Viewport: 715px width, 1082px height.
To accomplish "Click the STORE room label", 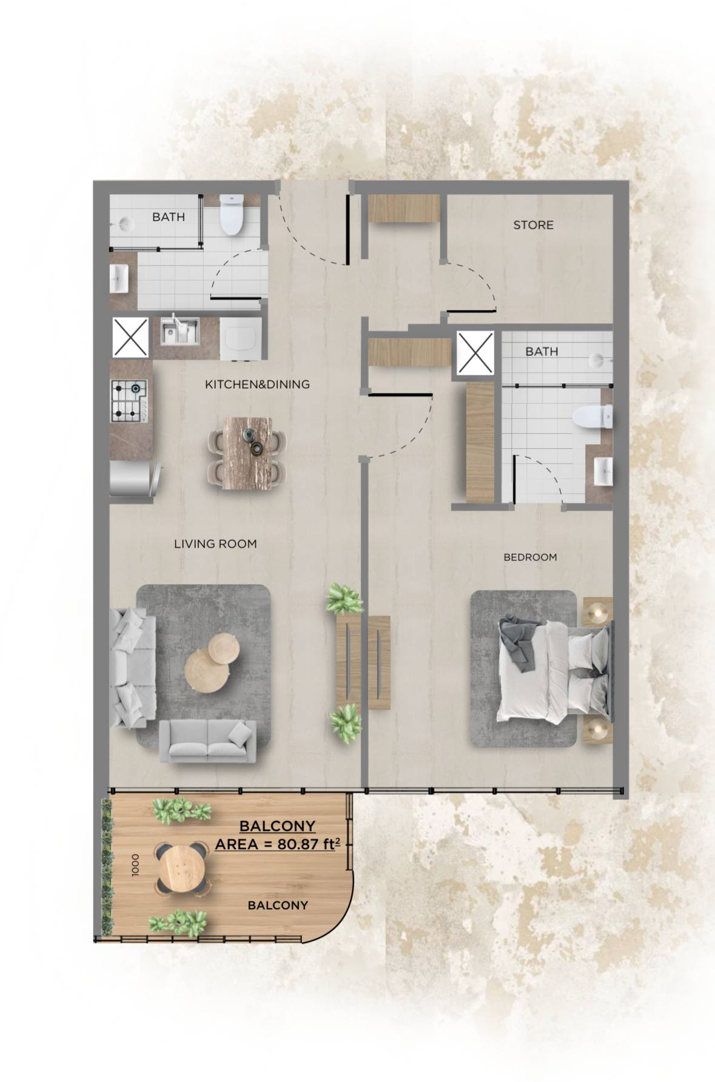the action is click(x=533, y=225).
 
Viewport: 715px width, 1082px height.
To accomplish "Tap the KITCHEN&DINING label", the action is click(x=257, y=384).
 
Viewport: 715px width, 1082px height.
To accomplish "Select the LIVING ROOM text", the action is click(x=215, y=544).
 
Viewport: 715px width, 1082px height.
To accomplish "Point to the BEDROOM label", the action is click(x=530, y=557).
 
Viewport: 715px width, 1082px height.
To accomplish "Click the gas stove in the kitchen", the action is click(x=129, y=401).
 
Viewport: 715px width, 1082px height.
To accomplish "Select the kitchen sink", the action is click(x=180, y=331).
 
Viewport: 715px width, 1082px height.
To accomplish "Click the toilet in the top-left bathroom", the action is click(x=231, y=214).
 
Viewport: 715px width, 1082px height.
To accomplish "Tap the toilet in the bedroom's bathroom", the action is click(x=592, y=418).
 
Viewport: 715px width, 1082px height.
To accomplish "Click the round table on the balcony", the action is click(x=181, y=869).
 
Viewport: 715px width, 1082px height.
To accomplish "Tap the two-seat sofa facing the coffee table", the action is click(x=208, y=741).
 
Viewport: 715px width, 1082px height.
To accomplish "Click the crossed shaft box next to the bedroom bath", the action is click(x=475, y=352).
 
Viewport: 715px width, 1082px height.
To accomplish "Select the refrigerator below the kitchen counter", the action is click(x=135, y=479).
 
